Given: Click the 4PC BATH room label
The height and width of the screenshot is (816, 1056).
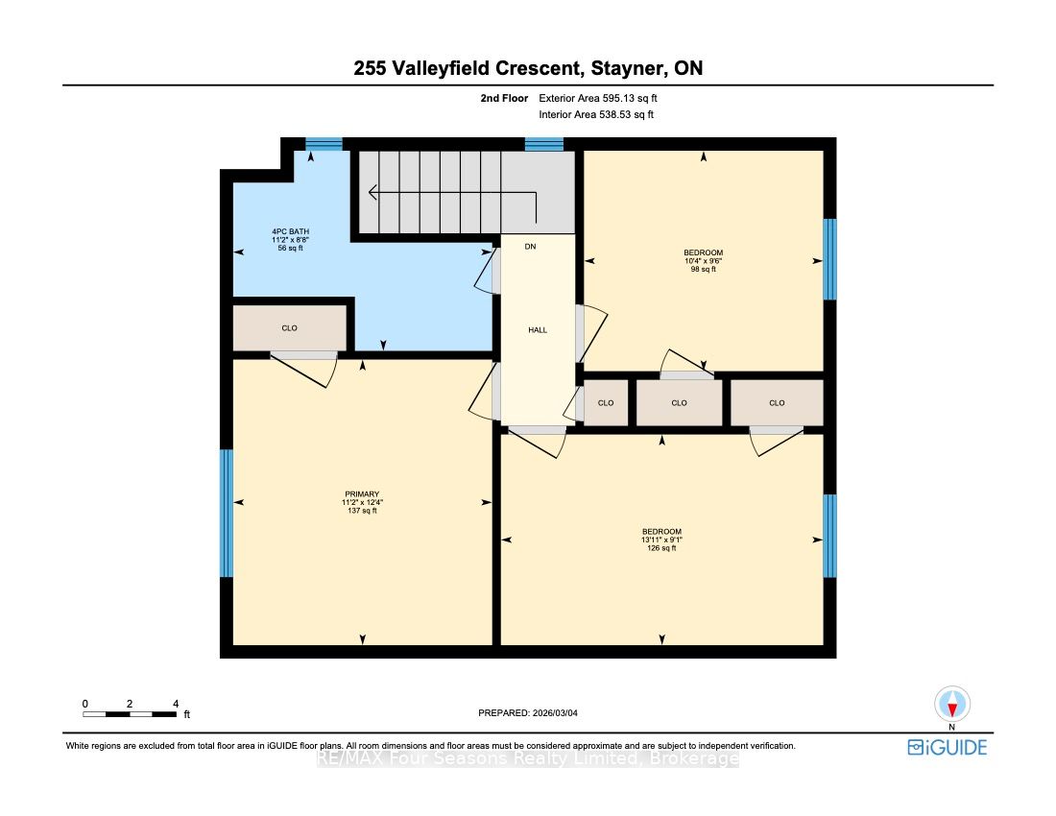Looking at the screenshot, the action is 290,231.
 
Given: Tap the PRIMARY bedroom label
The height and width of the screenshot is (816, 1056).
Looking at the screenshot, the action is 362,494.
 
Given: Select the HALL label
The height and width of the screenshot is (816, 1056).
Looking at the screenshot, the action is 538,330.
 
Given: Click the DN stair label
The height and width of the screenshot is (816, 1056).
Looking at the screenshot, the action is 531,247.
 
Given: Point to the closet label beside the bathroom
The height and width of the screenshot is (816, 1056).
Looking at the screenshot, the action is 290,328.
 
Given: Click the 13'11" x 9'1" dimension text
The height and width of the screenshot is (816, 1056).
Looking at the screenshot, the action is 662,540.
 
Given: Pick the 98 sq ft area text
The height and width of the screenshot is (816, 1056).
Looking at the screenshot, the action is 704,270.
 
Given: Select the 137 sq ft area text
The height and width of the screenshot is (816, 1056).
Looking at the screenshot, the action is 362,511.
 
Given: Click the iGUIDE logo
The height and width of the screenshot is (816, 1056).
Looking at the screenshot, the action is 947,747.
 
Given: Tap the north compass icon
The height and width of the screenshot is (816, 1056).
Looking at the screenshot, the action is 952,705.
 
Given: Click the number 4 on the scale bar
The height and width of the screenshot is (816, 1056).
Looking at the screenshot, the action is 176,704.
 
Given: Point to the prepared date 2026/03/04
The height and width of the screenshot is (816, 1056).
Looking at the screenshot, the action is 555,713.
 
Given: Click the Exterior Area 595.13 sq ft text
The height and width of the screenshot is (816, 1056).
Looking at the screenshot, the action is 598,98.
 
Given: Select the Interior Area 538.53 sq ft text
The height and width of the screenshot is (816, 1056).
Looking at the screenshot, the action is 596,114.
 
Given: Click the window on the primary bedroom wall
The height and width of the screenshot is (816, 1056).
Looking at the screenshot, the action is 227,513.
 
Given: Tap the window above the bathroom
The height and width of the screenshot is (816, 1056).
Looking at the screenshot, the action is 324,143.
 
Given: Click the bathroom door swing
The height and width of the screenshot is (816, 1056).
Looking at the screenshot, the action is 487,271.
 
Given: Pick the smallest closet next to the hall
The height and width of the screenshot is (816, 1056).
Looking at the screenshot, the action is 606,402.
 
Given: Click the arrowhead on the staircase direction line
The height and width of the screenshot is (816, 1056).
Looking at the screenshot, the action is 372,193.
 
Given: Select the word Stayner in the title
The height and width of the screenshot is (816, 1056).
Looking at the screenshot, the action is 630,68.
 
